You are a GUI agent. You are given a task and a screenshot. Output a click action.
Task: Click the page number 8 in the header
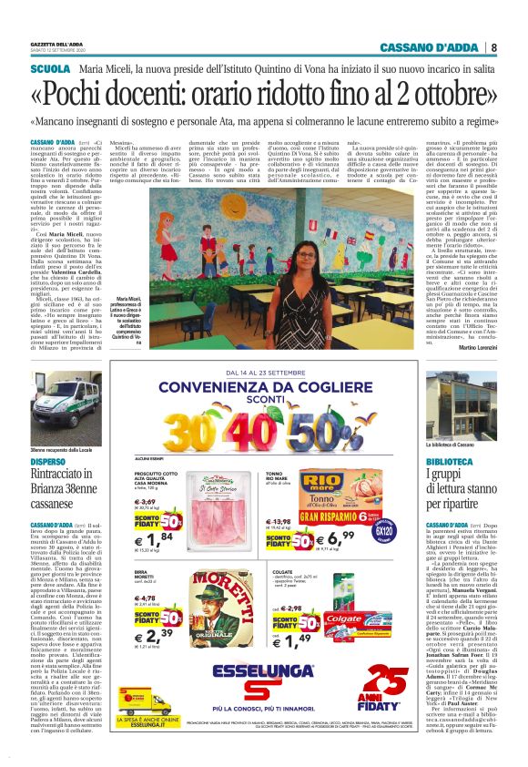(x=493, y=47)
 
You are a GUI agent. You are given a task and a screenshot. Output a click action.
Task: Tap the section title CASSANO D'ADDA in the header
(x=431, y=47)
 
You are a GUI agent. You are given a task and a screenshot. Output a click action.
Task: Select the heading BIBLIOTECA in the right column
(x=452, y=462)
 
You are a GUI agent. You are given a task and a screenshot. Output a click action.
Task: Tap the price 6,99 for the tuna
(x=342, y=524)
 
